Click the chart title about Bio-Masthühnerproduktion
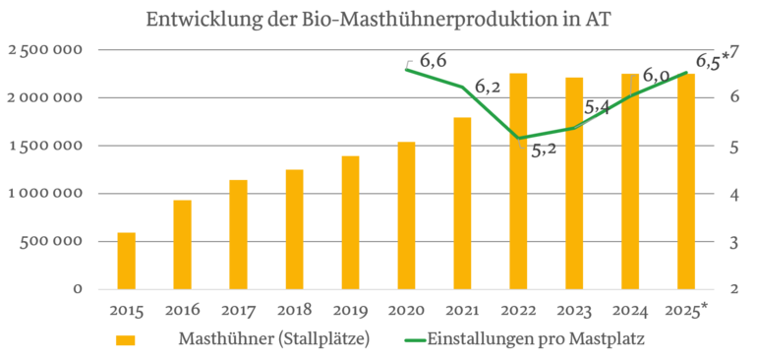(378, 19)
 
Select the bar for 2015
(126, 261)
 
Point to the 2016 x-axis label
(183, 311)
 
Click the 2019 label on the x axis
(351, 311)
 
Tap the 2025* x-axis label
(687, 311)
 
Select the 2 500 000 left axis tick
(48, 50)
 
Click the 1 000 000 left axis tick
(48, 194)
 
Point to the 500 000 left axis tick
(55, 242)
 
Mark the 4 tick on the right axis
(732, 194)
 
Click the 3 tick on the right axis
(732, 242)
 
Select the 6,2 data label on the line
(488, 88)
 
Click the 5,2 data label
(544, 150)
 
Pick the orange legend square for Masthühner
(125, 340)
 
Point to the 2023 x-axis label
(575, 311)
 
